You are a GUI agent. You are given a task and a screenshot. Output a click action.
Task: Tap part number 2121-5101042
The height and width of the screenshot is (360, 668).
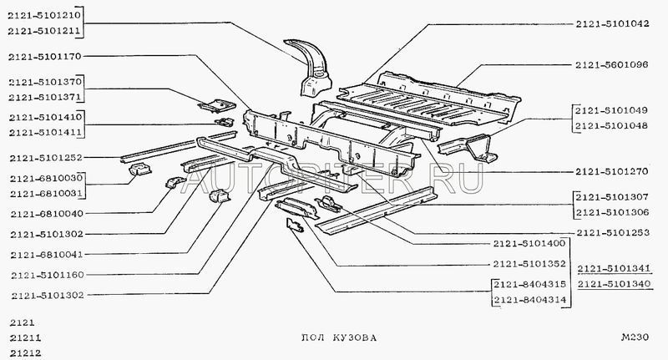[x=612, y=24]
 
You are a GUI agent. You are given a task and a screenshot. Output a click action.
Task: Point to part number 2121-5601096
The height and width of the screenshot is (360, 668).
[x=612, y=64]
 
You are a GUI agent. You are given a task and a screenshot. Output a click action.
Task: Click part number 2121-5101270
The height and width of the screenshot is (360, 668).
[x=612, y=171]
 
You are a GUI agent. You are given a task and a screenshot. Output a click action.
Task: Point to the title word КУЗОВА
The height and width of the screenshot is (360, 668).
[x=351, y=338]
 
